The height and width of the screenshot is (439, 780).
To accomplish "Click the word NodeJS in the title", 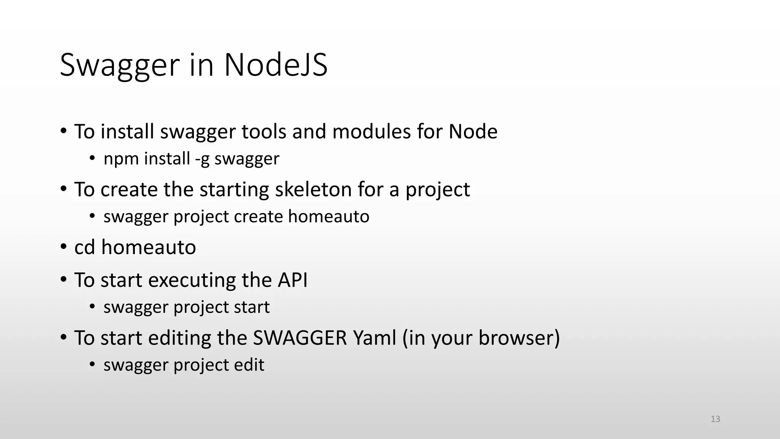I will point(276,65).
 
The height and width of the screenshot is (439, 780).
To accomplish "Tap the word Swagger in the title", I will point(120,65).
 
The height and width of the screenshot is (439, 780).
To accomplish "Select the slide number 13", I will point(715,419).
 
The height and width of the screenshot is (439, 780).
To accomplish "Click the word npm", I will point(121,159).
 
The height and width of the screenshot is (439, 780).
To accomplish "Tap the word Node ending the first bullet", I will point(473,131).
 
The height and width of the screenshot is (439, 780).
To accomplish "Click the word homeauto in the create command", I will point(328,216).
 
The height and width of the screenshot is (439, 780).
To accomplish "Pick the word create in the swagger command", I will point(258,216).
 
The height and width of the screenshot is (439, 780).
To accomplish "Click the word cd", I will point(85,247).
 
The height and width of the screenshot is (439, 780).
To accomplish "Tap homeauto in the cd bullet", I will point(149,247).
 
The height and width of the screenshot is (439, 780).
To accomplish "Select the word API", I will point(292,280).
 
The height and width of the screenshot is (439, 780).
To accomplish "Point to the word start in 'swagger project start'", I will point(251,307).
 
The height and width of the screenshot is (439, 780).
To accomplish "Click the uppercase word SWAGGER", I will point(300,338).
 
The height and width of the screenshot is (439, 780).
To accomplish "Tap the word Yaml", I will point(375,338).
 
